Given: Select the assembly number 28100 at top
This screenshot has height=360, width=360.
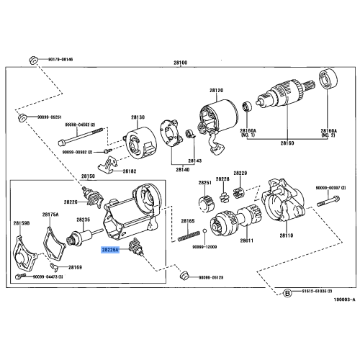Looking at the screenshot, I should tap(180, 63).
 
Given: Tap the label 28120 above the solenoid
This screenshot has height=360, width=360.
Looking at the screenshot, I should tap(217, 91).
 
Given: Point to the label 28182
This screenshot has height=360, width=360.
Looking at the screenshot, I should tap(129, 171).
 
